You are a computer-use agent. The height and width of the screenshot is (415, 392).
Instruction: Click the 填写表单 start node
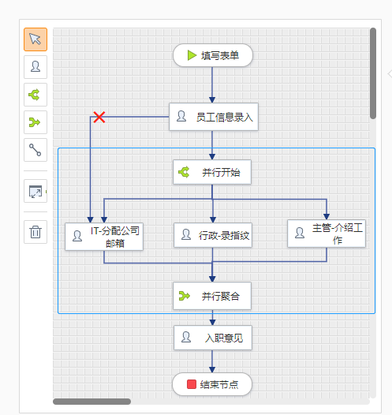point(213,55)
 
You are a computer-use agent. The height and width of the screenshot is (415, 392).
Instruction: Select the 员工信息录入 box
point(214,117)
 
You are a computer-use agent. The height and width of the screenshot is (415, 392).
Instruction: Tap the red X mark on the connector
point(99,117)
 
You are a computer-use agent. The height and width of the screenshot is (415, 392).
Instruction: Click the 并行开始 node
point(212,172)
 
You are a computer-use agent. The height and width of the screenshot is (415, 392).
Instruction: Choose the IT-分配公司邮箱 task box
point(104,237)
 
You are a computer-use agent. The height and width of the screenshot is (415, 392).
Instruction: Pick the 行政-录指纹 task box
point(213,235)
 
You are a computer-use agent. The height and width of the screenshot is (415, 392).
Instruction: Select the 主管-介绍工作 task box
point(327,234)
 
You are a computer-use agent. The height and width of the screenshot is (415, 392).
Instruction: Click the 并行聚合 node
point(212,296)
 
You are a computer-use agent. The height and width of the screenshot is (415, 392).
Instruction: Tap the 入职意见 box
point(213,338)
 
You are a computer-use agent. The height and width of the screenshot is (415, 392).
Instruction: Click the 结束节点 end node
point(212,384)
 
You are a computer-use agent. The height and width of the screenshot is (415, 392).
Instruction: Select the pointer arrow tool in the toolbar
point(35,39)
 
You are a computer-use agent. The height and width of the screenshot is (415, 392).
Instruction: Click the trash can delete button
point(35,232)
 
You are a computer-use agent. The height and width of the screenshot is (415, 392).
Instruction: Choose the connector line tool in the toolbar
point(35,150)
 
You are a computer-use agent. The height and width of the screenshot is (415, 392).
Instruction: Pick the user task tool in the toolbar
point(35,67)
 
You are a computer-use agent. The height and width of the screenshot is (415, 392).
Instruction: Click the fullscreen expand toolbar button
point(35,191)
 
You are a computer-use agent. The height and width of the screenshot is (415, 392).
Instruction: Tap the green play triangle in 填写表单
point(192,55)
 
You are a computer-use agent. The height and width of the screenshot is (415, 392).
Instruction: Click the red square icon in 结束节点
point(192,384)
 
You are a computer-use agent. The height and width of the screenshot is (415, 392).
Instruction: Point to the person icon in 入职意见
point(186,337)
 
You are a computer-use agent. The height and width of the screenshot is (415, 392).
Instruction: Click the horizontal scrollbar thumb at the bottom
point(91,402)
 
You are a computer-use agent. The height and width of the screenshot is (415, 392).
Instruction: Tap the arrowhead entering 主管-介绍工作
point(327,217)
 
